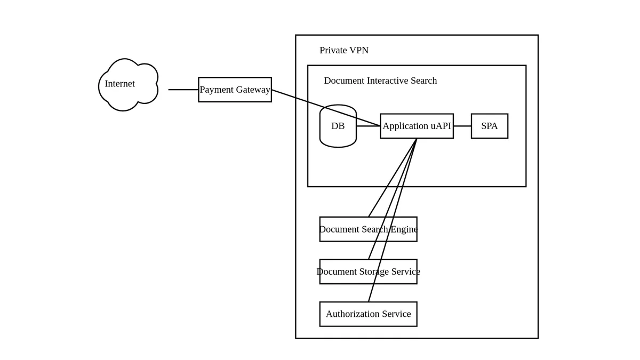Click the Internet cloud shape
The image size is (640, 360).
128,85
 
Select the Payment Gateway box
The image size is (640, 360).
235,90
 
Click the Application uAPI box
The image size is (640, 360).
417,126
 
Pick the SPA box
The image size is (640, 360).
489,126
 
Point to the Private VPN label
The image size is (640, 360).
344,50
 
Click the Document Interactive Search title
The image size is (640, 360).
380,81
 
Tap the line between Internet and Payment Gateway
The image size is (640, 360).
183,90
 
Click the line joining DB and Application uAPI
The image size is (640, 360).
368,126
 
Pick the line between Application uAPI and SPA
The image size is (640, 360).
462,126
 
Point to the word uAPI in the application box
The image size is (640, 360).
441,126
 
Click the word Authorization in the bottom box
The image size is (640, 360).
351,314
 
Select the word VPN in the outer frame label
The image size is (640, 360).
358,50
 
